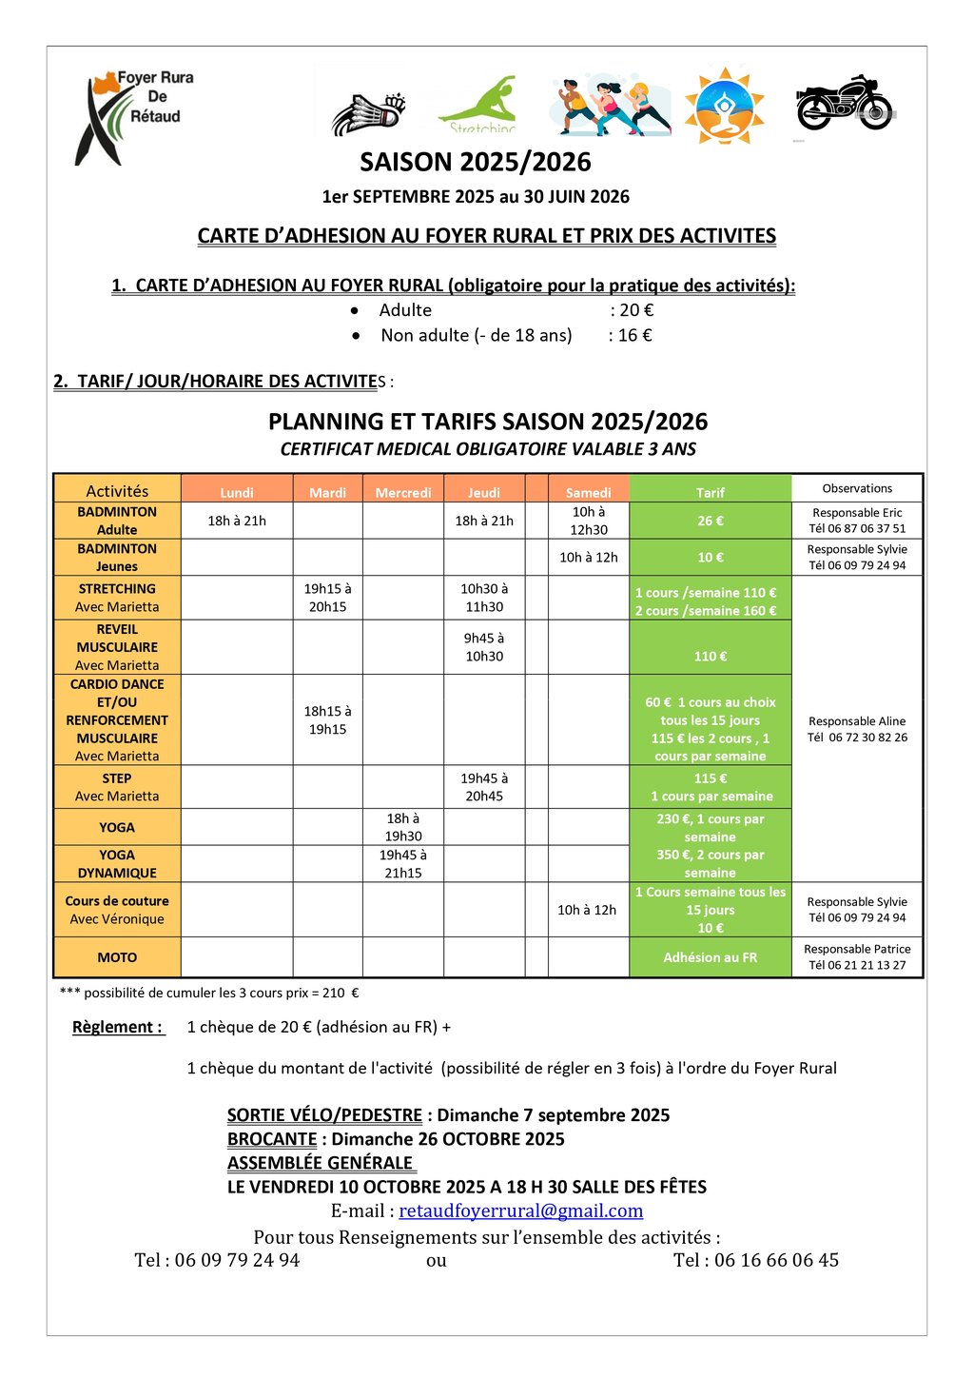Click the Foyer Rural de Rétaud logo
point(134,116)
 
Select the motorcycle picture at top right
point(844,105)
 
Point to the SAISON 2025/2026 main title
point(476,162)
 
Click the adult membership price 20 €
point(636,310)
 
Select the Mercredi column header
point(403,492)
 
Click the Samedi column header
point(588,492)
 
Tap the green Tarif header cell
point(710,492)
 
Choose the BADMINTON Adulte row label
point(117,521)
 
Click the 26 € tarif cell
point(710,521)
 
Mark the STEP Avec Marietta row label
point(117,787)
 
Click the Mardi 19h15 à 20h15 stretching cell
point(327,598)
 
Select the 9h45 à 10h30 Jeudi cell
point(484,647)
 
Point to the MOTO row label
point(117,957)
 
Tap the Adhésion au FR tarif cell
point(710,957)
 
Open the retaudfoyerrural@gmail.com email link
point(520,1211)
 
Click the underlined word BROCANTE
point(272,1139)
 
